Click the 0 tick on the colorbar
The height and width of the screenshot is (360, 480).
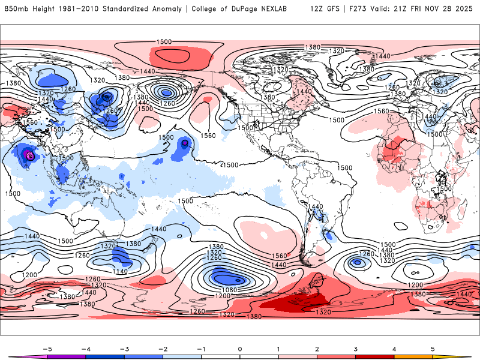tap(239, 349)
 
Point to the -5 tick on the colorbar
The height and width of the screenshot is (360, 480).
tap(47, 349)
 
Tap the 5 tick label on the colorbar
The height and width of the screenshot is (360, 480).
tap(432, 349)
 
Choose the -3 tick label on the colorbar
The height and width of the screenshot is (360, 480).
tap(124, 349)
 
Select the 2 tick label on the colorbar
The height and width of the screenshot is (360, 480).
tap(317, 349)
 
